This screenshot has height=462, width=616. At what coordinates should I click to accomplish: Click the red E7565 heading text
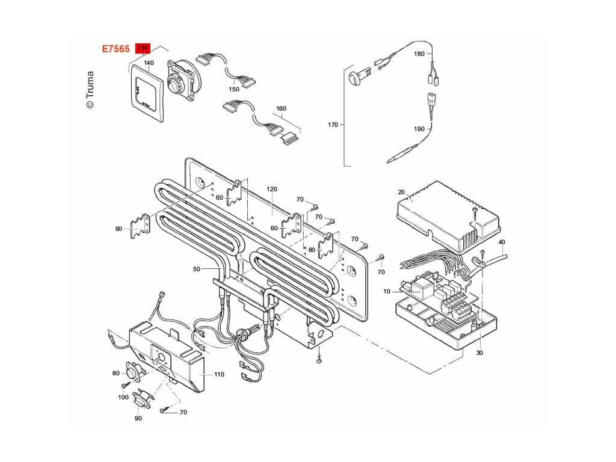click(115, 49)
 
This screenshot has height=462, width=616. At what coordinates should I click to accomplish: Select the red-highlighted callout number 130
click(143, 48)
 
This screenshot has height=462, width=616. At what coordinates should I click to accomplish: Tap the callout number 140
click(149, 63)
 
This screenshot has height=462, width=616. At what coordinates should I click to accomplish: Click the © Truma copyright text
click(90, 90)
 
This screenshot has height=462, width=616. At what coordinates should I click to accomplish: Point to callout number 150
click(233, 90)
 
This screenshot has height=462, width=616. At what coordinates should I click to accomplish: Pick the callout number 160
click(281, 109)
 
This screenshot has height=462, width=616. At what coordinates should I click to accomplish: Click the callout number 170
click(333, 125)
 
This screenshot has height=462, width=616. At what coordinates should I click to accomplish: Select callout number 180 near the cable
click(419, 54)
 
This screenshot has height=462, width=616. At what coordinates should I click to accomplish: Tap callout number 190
click(419, 129)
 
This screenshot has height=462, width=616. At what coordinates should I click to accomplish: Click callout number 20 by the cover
click(401, 192)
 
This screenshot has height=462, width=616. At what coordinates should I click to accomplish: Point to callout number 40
click(502, 242)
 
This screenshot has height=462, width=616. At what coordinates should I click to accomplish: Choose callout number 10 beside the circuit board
click(387, 292)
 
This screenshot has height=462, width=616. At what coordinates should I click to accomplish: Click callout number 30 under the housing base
click(479, 353)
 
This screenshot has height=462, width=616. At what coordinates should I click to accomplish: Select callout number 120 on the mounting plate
click(272, 189)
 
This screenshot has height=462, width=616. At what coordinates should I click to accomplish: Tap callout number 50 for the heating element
click(196, 269)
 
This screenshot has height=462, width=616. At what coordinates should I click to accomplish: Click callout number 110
click(219, 374)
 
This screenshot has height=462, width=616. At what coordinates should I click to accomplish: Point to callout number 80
click(116, 374)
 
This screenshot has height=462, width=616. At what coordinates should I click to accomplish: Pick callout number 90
click(138, 418)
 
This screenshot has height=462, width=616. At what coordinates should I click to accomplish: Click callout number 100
click(123, 397)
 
